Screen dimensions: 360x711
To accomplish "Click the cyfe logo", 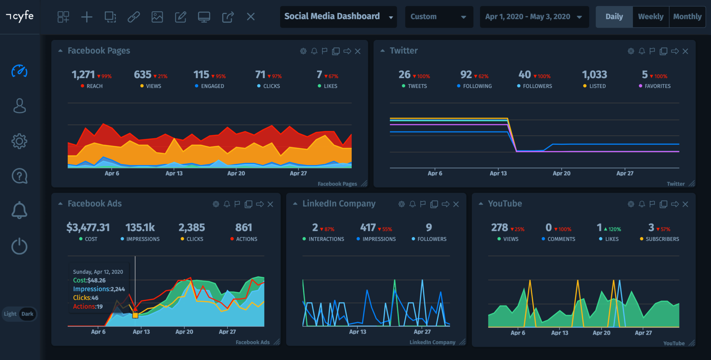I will point(20,16).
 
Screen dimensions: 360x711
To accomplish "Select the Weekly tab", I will point(651,17).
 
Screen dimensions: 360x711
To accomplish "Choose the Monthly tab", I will point(687,17).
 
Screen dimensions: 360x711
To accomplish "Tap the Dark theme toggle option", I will point(27,314).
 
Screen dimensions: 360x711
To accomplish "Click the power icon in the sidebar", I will point(19,246).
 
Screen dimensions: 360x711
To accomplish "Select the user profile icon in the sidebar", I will point(19,106).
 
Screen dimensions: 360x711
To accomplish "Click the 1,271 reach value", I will point(83,75).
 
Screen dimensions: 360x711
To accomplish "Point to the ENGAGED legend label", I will point(212,86).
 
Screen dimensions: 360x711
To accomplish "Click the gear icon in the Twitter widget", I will point(631,51).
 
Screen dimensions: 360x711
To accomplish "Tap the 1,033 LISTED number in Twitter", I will point(594,75).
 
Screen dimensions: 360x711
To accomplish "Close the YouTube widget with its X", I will point(685,204).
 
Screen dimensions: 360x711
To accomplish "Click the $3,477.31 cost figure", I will point(88,228).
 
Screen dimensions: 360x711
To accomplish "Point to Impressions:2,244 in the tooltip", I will point(99,289).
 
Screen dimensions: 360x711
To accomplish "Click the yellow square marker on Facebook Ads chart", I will point(135,315).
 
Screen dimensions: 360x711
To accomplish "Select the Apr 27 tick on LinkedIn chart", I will point(422,332).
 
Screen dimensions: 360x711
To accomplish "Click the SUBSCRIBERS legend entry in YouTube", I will point(662,239).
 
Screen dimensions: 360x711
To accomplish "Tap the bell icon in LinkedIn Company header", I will point(412,204).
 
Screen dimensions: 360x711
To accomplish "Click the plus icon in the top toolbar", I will point(87,17).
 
